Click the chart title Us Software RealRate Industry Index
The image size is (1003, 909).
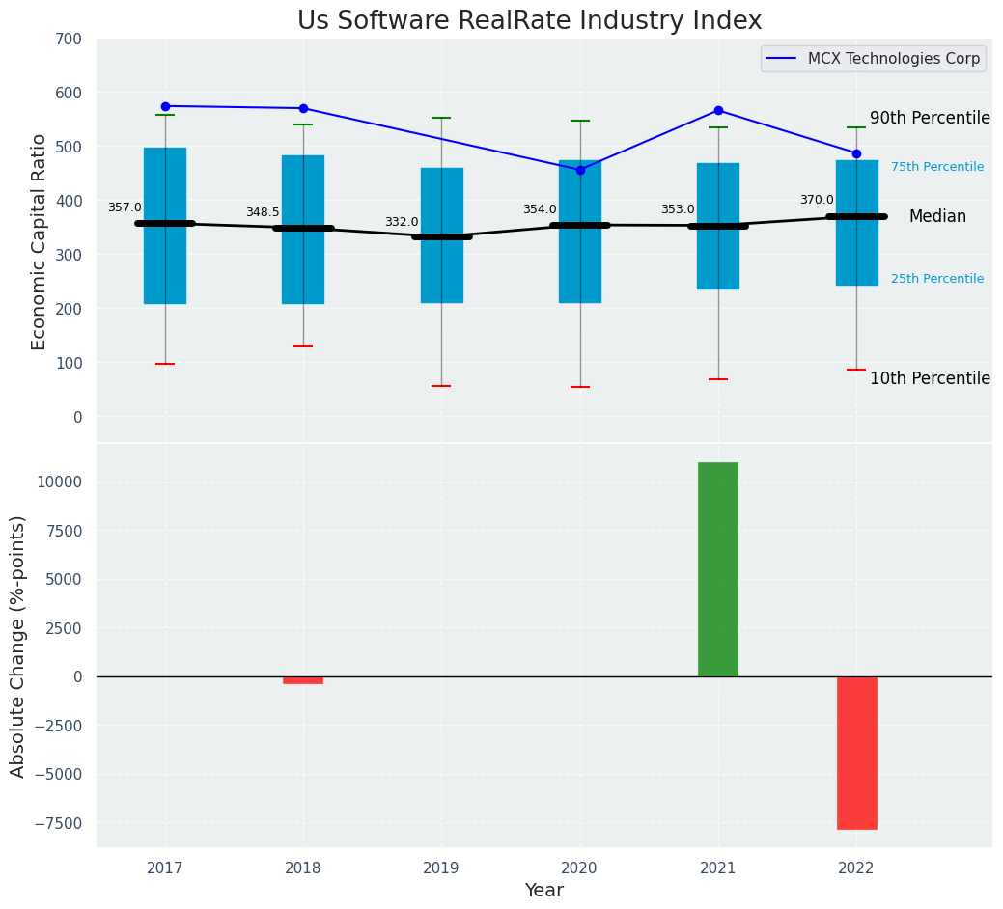(x=529, y=21)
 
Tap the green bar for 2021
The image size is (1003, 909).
(x=718, y=569)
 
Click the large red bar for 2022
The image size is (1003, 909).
(x=856, y=753)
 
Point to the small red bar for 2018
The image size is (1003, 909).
(x=303, y=680)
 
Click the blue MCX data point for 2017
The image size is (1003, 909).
(x=165, y=106)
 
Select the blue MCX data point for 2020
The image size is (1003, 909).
(x=580, y=170)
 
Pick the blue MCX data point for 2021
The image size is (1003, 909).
(x=718, y=110)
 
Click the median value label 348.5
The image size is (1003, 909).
(x=263, y=212)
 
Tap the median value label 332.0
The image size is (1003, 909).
(x=402, y=222)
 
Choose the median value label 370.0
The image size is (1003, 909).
(x=817, y=200)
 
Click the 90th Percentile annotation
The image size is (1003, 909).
(x=930, y=118)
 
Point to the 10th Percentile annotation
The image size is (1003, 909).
(x=930, y=378)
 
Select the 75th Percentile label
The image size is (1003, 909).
(x=937, y=167)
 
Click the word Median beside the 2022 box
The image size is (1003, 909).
(x=937, y=217)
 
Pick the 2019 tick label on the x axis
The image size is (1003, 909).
(x=441, y=868)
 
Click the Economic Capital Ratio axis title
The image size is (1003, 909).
(x=40, y=241)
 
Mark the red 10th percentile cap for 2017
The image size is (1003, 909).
(x=165, y=364)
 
